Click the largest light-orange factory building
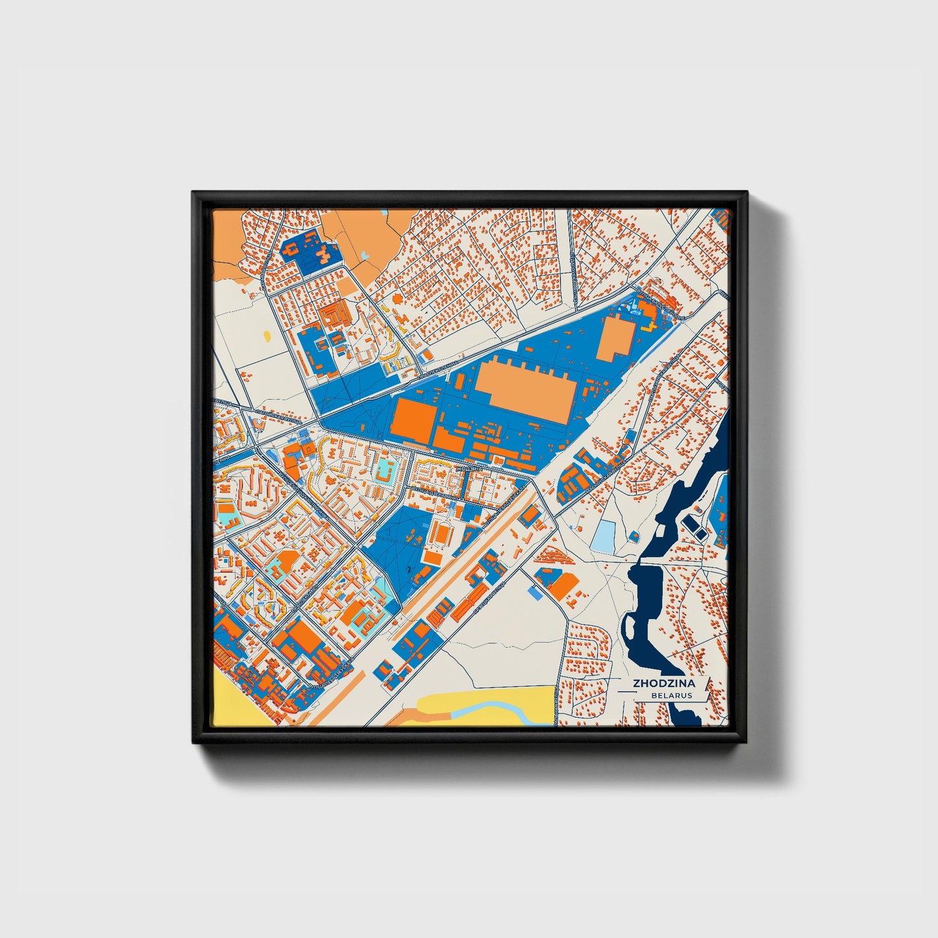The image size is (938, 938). pos(526,389)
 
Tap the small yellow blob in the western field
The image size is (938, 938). pos(267,336)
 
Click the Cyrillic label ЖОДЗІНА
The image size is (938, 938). pos(469,468)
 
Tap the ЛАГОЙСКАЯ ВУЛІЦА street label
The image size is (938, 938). pos(279,415)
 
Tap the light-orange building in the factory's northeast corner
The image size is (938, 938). pos(616,338)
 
